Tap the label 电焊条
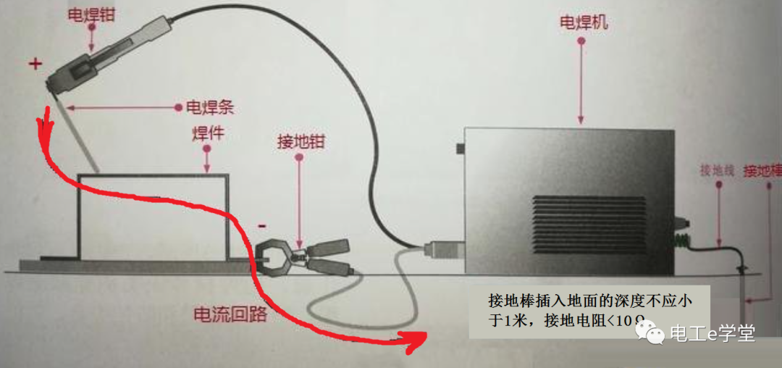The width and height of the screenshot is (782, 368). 211,109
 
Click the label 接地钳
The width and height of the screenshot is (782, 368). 300,141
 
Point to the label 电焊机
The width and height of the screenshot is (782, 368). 584,23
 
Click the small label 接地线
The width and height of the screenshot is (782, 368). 718,171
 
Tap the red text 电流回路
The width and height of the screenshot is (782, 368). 230,314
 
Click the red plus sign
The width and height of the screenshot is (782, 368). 35,64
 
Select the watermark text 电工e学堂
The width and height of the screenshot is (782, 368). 712,333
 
